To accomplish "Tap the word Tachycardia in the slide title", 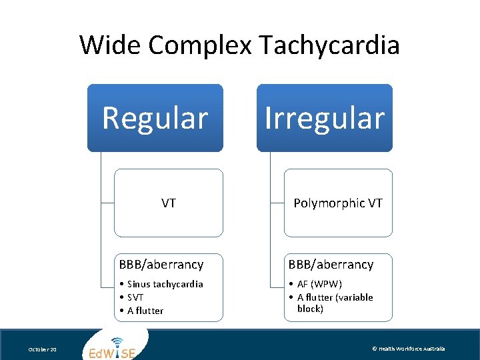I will pyautogui.click(x=329, y=45).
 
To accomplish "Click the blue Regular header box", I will pyautogui.click(x=155, y=118).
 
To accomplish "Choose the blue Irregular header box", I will pyautogui.click(x=325, y=118).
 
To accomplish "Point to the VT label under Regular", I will pyautogui.click(x=169, y=203).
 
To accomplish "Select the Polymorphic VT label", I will pyautogui.click(x=338, y=203).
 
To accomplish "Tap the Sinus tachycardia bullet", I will pyautogui.click(x=165, y=284).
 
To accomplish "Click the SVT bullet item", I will pyautogui.click(x=135, y=297).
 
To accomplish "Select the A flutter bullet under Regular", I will pyautogui.click(x=145, y=311).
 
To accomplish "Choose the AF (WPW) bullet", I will pyautogui.click(x=319, y=284).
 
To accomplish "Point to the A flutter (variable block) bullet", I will pyautogui.click(x=335, y=303).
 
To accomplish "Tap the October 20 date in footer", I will pyautogui.click(x=43, y=349).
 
